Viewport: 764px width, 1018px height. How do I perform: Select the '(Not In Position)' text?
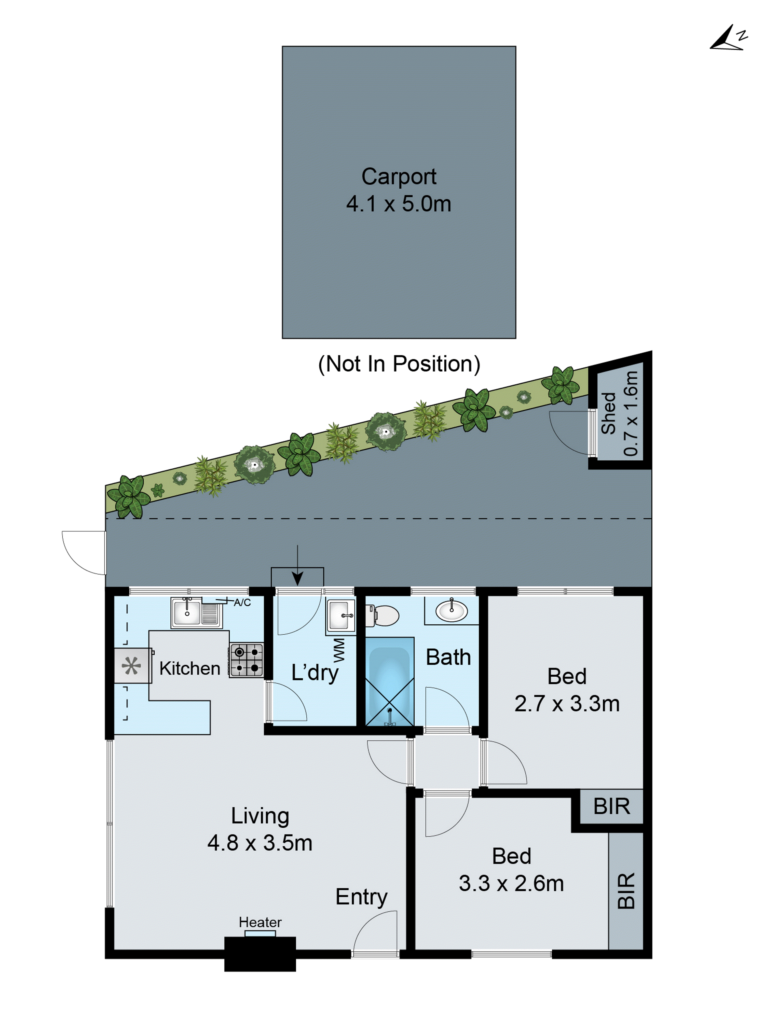click(x=399, y=364)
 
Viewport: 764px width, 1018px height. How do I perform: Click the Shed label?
click(x=608, y=413)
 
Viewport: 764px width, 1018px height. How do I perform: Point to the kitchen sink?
click(x=187, y=612)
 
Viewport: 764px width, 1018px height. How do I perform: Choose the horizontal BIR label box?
click(x=611, y=806)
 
